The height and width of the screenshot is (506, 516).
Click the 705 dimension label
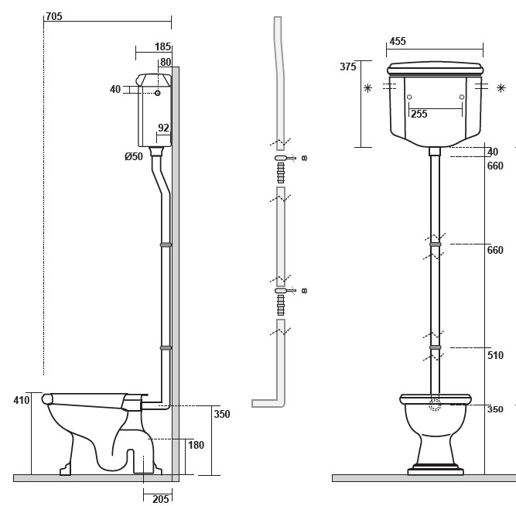54,16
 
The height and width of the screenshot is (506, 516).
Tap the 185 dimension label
163,46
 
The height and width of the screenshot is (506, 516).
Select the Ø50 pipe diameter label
134,156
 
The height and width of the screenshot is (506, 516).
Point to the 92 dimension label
163,128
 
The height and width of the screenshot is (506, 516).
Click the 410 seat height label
22,400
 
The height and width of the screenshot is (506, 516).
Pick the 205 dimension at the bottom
161,499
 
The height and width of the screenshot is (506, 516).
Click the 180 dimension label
196,445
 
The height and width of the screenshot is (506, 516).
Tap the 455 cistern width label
398,41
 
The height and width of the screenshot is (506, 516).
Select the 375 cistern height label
348,67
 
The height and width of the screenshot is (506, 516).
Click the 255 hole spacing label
419,114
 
